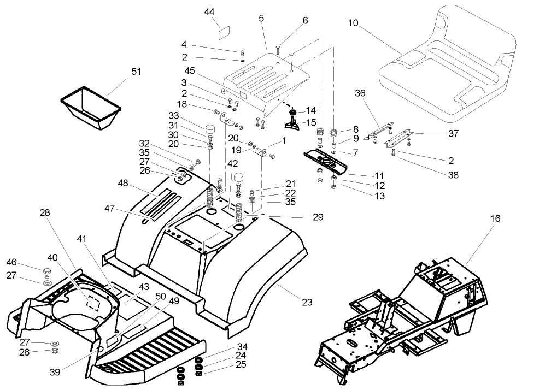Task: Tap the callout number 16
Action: (x=495, y=218)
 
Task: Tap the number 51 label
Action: (x=136, y=71)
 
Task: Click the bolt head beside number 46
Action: (x=48, y=271)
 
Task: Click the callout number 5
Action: (x=261, y=18)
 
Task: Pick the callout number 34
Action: (x=242, y=347)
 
